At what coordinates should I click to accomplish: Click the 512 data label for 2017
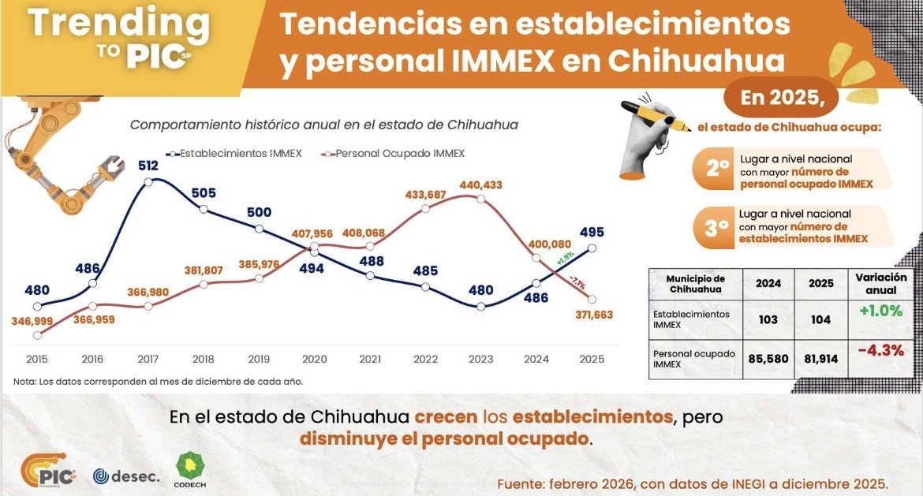(x=148, y=166)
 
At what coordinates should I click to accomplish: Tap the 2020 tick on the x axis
(x=315, y=360)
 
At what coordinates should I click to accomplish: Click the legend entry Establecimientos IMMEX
(x=234, y=153)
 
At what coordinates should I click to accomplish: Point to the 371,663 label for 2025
(x=591, y=314)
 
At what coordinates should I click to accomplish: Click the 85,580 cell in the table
(x=768, y=356)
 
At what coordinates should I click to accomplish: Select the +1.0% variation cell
(x=880, y=311)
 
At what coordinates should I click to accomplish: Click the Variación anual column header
(x=880, y=283)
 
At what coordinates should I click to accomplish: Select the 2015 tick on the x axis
(x=37, y=360)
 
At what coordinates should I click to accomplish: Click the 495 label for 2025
(x=591, y=232)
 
